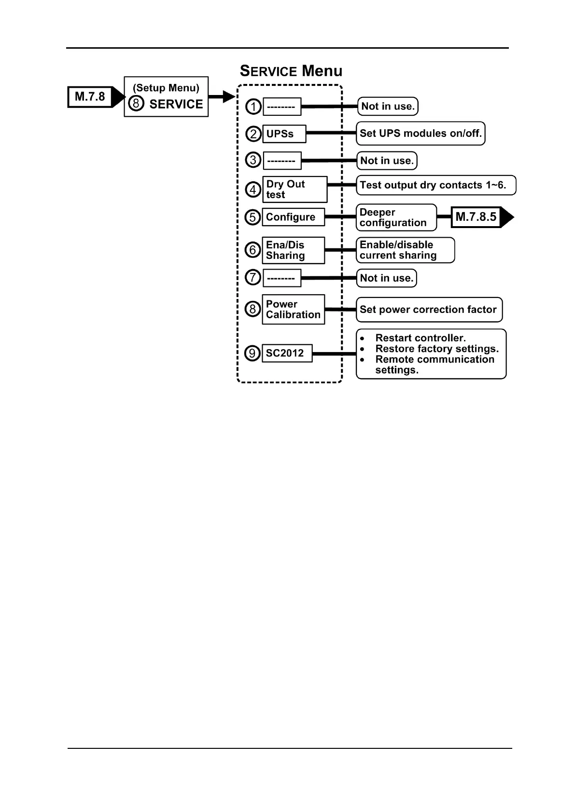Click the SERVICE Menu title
pos(291,71)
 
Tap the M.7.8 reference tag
pos(90,97)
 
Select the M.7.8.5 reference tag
pos(476,217)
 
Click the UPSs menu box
pos(284,134)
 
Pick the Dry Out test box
pos(294,189)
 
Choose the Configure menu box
pos(293,217)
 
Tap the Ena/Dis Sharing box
pos(293,250)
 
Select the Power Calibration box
pos(293,310)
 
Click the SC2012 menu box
pos(287,353)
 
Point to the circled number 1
pos(253,107)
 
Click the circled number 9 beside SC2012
pos(252,353)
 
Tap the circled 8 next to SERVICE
pos(136,104)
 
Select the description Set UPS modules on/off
pos(421,134)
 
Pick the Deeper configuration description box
pos(396,217)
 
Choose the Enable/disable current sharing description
pos(405,250)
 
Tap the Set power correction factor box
pos(429,310)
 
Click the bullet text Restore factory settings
pos(436,349)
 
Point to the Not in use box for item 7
pos(386,278)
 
